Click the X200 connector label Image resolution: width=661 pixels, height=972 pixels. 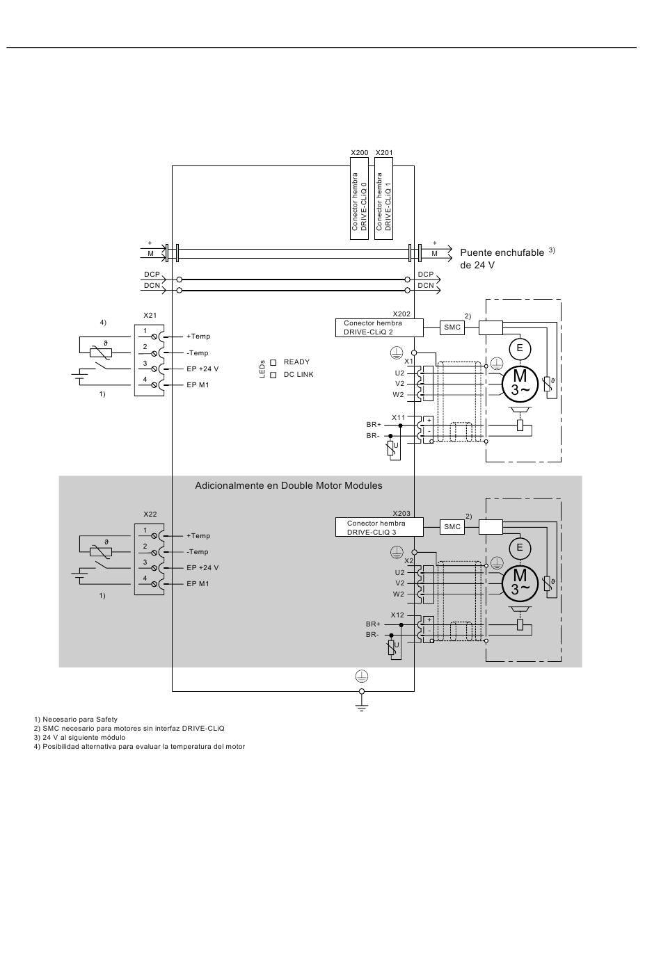point(359,153)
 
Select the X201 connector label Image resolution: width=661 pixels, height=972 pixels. point(384,153)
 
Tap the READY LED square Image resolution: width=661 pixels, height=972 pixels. point(273,362)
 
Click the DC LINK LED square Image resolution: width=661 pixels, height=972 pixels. point(273,375)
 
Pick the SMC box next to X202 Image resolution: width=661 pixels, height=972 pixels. point(452,327)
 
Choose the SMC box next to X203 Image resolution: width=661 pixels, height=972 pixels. point(452,527)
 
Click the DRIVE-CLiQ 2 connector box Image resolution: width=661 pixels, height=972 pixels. point(379,327)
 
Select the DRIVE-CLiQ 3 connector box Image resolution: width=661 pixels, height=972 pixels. point(379,527)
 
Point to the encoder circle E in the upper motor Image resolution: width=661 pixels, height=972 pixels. point(520,348)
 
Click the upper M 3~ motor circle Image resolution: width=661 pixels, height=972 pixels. point(520,383)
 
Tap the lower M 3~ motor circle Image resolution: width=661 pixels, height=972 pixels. point(520,583)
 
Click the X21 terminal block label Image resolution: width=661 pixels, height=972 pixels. point(150,316)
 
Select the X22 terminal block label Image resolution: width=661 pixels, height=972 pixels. point(150,515)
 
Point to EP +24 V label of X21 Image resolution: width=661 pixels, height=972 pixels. point(202,368)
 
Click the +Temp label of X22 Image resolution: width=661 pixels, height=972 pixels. point(198,536)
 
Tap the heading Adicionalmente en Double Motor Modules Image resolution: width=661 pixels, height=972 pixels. point(288,485)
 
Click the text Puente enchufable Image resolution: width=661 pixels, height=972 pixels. point(502,252)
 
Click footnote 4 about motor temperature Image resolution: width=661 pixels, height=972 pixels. point(139,746)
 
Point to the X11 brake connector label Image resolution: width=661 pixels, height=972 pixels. point(398,417)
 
